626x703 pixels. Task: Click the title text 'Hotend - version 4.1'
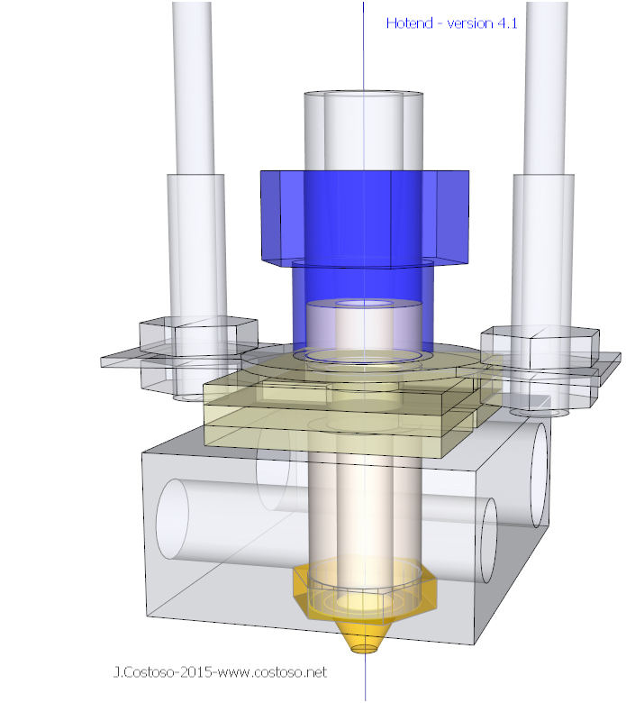[451, 23]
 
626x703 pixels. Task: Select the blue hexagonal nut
[364, 217]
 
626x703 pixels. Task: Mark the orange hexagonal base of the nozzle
[364, 595]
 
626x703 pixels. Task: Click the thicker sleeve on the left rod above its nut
[195, 243]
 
